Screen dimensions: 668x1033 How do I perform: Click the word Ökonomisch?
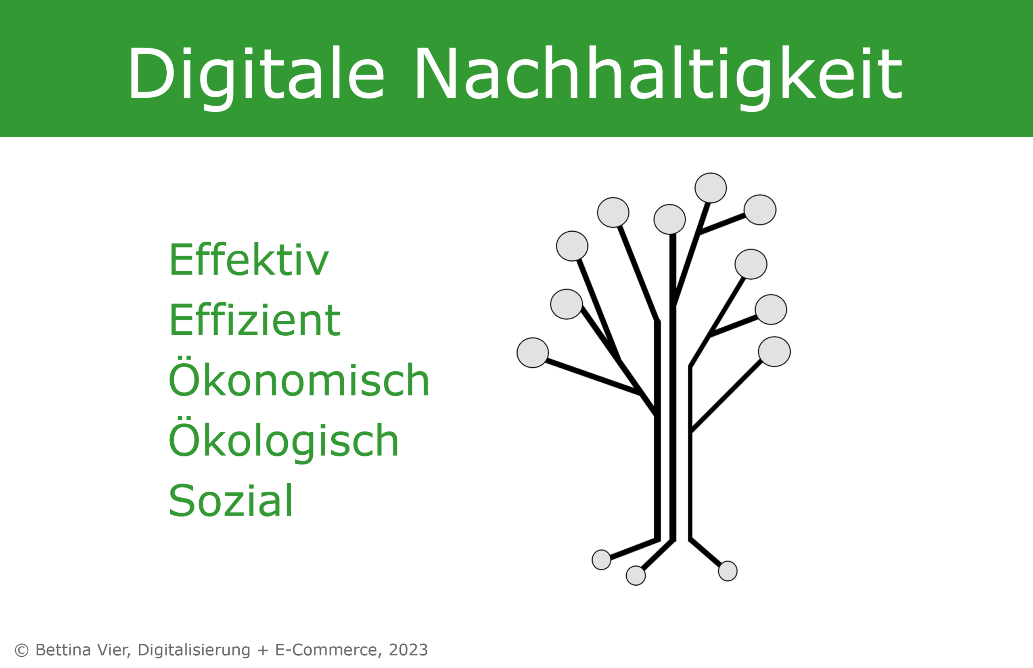point(298,377)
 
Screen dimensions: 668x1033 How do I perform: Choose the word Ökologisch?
point(283,438)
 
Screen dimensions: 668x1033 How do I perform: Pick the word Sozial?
point(231,500)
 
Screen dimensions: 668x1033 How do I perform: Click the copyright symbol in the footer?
point(21,650)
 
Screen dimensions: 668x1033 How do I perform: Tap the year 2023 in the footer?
point(408,650)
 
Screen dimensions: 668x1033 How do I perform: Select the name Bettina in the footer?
point(63,650)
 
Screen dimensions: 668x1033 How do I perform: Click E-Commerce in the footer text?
point(326,650)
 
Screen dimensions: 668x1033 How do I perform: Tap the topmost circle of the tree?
point(710,188)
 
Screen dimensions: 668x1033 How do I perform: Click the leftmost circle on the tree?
point(533,353)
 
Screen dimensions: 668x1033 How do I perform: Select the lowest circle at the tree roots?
point(636,576)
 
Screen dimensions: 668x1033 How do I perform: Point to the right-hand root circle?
point(728,571)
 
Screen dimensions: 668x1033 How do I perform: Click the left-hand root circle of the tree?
point(602,559)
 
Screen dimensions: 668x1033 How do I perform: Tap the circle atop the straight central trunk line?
point(669,219)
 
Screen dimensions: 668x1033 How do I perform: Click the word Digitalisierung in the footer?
point(194,650)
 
